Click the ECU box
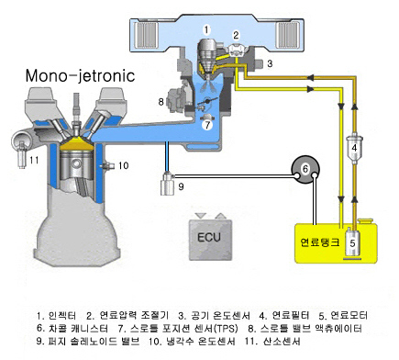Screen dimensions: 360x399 209,234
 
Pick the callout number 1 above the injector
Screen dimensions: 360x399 207,29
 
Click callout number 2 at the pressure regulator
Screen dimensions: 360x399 236,35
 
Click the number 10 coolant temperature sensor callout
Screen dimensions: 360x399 124,165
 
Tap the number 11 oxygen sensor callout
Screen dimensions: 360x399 34,158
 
